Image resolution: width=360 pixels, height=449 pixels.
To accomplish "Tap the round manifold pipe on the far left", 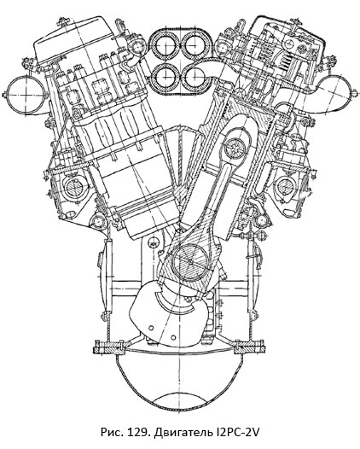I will [x=19, y=89].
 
